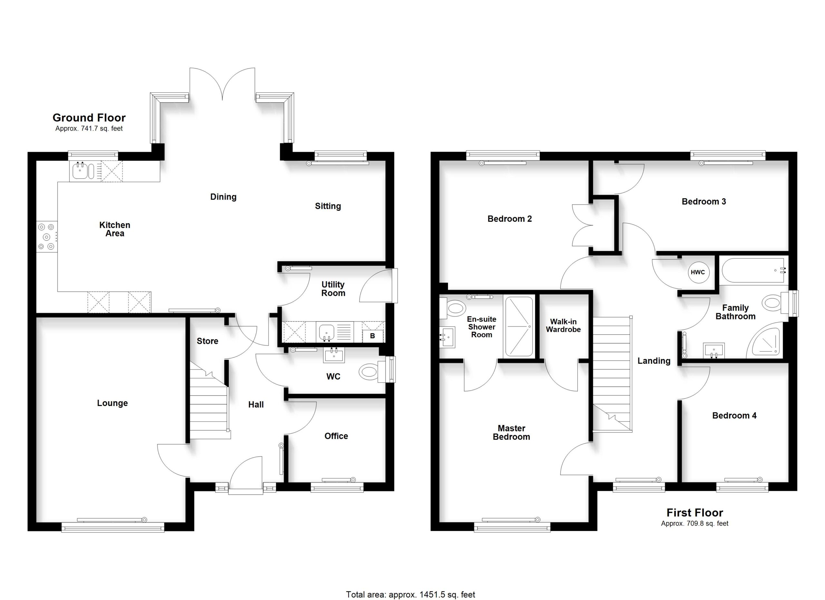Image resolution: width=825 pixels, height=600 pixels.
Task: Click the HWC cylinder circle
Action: click(697, 272)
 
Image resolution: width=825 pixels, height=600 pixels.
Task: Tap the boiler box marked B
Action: click(373, 336)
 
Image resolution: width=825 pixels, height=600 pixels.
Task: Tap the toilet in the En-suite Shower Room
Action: click(452, 308)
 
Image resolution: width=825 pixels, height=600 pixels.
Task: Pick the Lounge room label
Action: click(112, 403)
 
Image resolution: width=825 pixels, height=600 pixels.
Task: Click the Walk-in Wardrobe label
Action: click(563, 325)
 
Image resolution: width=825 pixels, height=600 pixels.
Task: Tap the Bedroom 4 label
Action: click(734, 415)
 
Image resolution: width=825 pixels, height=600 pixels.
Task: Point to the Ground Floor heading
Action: click(89, 118)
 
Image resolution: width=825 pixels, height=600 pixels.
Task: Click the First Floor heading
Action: click(694, 512)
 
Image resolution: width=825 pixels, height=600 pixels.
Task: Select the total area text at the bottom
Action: click(410, 595)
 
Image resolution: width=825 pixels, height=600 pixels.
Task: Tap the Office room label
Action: click(336, 436)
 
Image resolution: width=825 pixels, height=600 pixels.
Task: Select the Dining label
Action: click(223, 197)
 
